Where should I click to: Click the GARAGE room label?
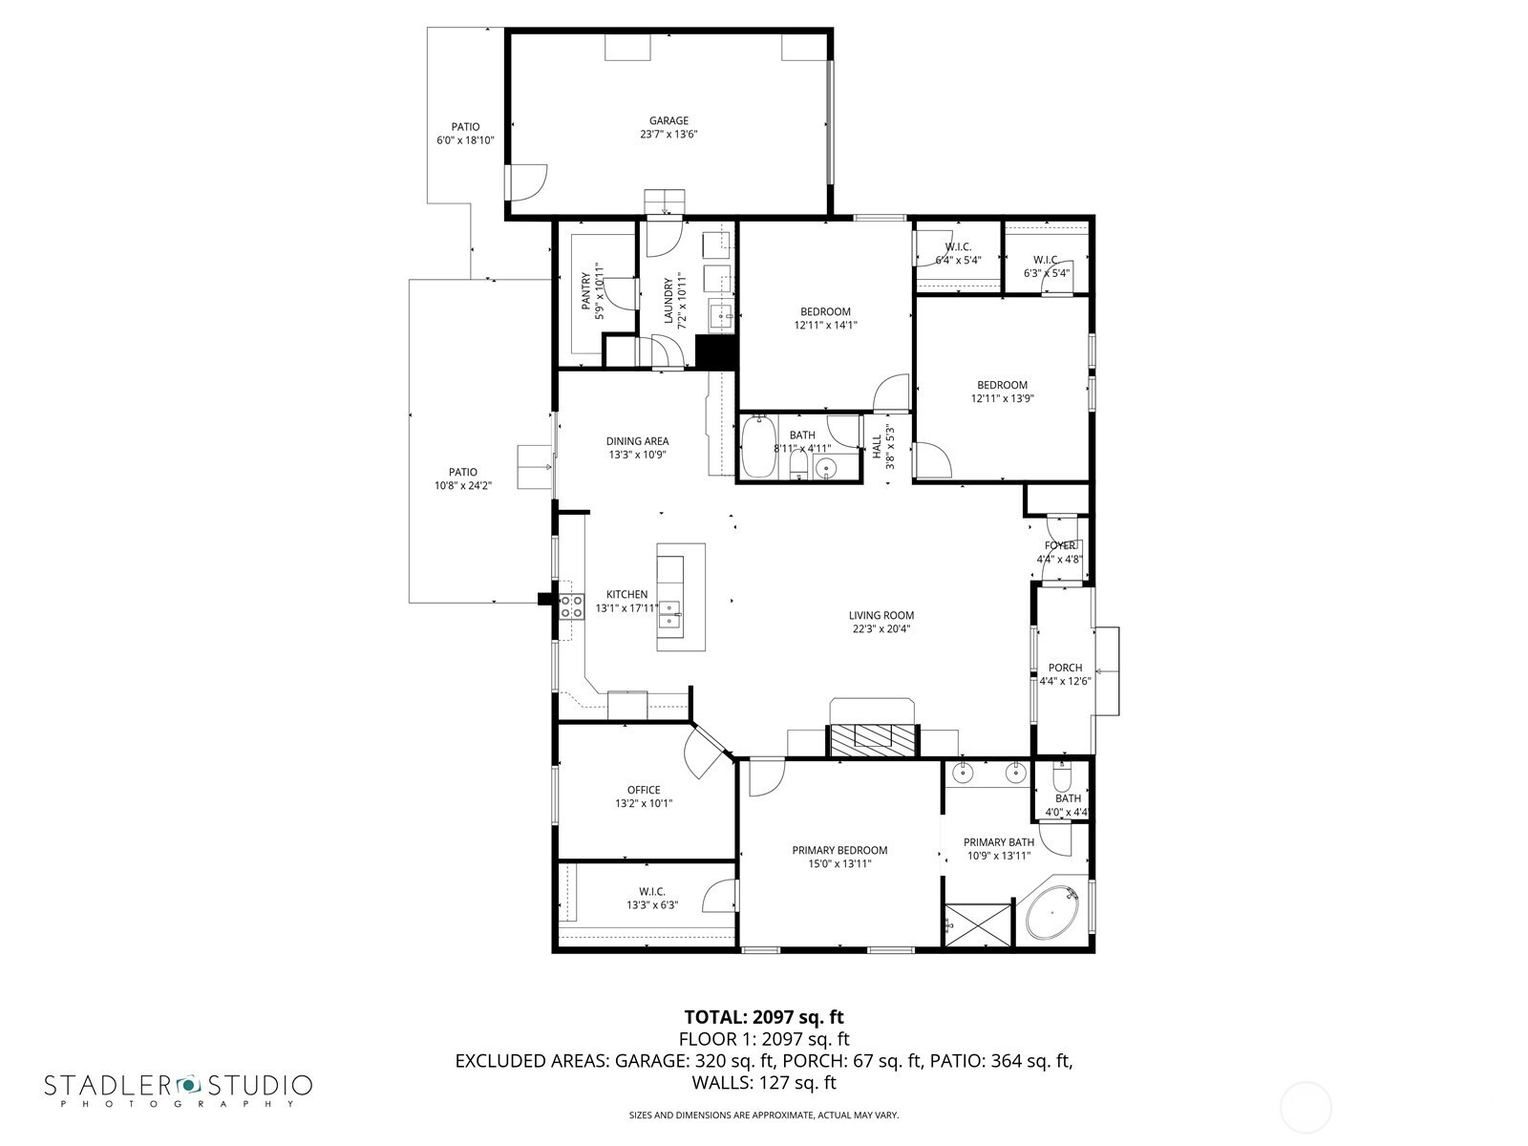click(x=668, y=120)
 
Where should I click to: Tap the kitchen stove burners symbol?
click(x=571, y=606)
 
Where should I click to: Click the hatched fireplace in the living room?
click(x=873, y=739)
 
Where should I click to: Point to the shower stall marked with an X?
click(x=977, y=924)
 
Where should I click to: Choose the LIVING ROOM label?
click(x=881, y=615)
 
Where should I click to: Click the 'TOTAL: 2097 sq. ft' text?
click(x=764, y=1016)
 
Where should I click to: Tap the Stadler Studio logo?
click(x=179, y=1090)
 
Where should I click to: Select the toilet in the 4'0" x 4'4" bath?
click(x=1061, y=776)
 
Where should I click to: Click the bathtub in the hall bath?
click(x=756, y=446)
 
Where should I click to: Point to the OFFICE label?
click(x=644, y=790)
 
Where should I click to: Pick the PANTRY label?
click(x=586, y=291)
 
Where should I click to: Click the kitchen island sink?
click(x=669, y=615)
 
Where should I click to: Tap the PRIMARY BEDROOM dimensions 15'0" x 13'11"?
click(x=839, y=863)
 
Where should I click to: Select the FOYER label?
click(x=1059, y=545)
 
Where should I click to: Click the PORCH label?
click(x=1065, y=668)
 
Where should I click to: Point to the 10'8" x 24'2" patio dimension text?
click(x=463, y=486)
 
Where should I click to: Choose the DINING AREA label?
click(x=637, y=441)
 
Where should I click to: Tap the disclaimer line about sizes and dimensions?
click(x=764, y=1114)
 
